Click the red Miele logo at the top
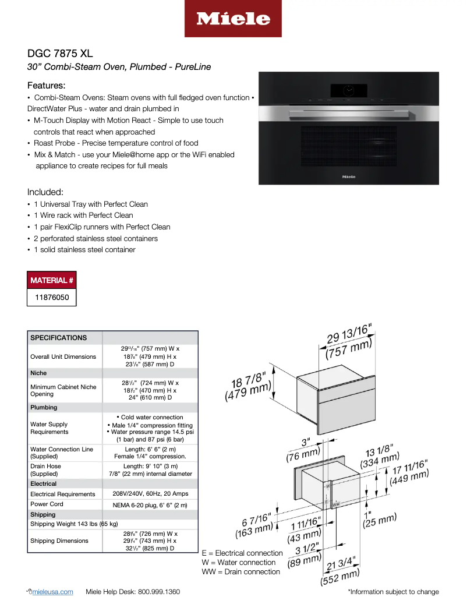tap(233, 19)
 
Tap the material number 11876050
tap(52, 297)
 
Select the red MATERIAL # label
tap(52, 280)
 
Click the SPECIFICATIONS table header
tap(58, 338)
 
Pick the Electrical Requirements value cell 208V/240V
tap(150, 494)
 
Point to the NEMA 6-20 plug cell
tap(150, 504)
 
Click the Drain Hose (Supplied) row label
tap(46, 470)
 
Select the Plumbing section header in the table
tap(44, 408)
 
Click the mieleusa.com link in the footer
tap(52, 592)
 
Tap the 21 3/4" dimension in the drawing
tap(338, 566)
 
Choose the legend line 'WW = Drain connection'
tap(240, 572)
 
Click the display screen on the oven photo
tap(348, 90)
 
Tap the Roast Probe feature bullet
tap(116, 143)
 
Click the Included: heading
tap(45, 192)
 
